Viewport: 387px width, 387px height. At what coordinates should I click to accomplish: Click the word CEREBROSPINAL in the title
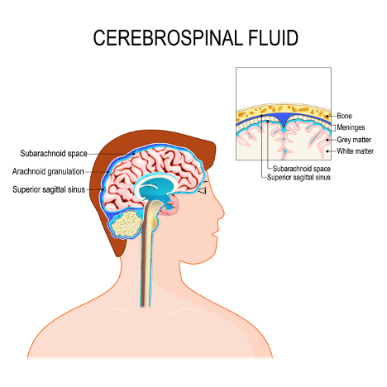168,38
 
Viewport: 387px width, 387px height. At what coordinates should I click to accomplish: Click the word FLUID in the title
273,38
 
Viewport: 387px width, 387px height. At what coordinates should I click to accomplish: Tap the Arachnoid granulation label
48,171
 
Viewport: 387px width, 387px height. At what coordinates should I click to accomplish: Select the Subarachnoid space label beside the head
54,153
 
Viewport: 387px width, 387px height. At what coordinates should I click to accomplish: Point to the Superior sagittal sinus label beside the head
49,189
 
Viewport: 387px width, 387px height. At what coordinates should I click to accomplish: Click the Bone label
345,116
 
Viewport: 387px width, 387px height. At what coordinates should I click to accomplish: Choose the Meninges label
351,127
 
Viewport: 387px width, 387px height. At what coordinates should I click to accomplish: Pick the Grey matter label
354,140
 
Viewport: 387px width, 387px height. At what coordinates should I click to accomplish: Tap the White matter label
356,151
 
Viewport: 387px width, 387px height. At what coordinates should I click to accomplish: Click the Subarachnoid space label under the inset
302,169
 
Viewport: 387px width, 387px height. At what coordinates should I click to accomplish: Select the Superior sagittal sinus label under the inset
299,177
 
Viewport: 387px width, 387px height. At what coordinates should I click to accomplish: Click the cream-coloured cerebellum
127,224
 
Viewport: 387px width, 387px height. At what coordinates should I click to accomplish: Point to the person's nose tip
223,213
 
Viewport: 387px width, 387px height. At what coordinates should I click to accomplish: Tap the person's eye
203,190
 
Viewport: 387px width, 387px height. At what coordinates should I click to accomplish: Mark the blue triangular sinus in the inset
284,119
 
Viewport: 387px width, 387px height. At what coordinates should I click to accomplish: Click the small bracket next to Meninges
333,127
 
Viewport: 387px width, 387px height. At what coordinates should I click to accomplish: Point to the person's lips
215,234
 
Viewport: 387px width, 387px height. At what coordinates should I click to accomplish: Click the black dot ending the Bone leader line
327,117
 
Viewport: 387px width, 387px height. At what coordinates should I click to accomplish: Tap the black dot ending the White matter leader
327,151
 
